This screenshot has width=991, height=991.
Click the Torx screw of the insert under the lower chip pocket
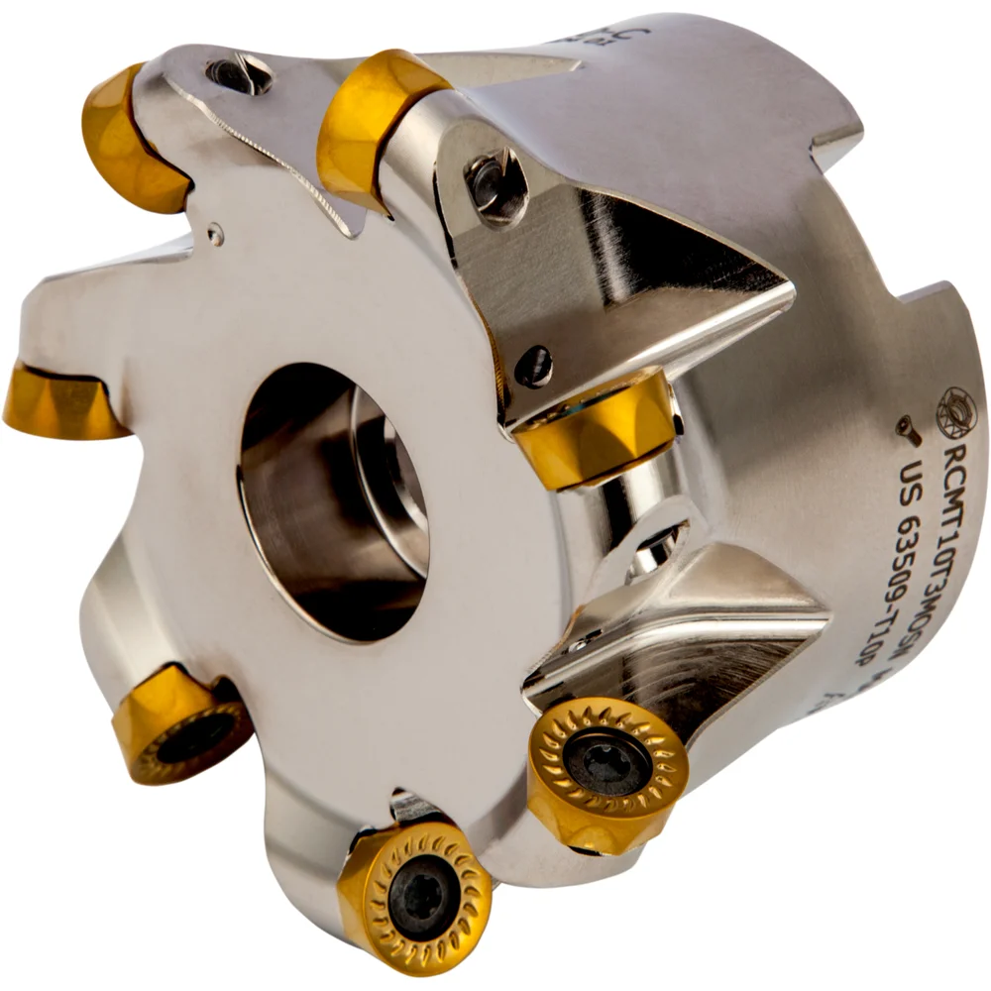click(606, 764)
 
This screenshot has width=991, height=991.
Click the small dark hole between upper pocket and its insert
click(534, 366)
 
